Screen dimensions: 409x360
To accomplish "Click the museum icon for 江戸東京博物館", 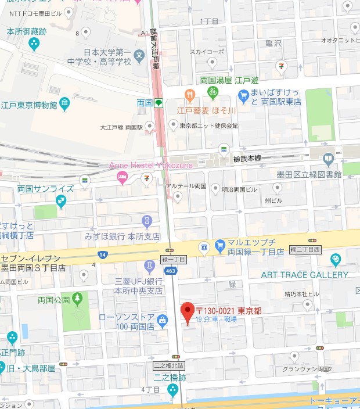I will click(x=64, y=105).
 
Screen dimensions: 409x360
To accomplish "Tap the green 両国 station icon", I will click(x=158, y=103).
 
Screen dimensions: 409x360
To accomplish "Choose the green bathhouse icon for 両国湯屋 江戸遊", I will click(x=213, y=92).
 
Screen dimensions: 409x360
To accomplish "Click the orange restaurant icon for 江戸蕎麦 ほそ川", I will click(x=189, y=95).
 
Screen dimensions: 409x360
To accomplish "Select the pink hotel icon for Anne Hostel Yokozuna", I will click(x=122, y=177).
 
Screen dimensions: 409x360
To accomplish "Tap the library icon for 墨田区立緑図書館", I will click(x=329, y=157).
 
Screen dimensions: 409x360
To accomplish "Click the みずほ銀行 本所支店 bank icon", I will click(x=147, y=221).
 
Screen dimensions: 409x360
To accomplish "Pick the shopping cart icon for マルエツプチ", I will click(x=220, y=246).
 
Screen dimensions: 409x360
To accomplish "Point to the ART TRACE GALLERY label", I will click(x=305, y=274).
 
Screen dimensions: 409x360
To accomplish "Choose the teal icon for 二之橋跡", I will click(x=172, y=390).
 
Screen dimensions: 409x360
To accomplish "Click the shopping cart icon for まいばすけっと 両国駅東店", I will click(x=243, y=95).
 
